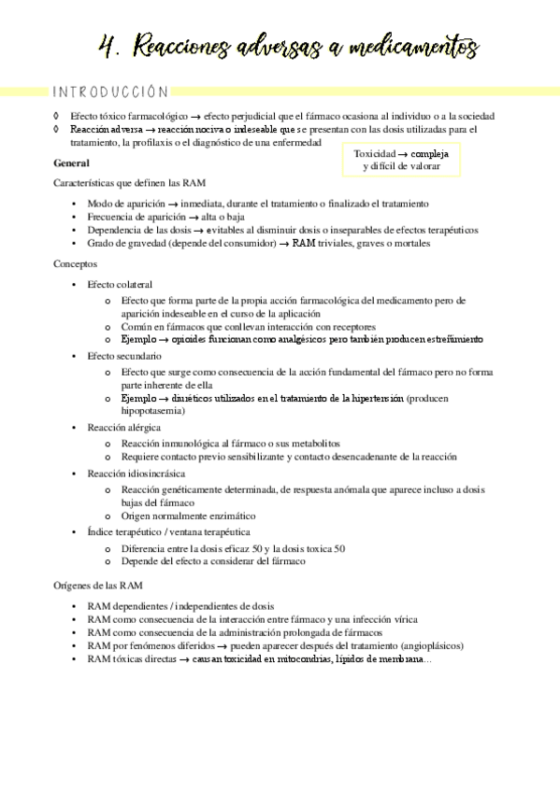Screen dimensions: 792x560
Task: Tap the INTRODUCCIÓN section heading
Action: (x=110, y=92)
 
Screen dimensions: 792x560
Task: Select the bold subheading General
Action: (x=72, y=163)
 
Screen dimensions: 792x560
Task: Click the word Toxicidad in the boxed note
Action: (x=375, y=152)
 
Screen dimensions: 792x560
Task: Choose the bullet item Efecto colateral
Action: (x=120, y=284)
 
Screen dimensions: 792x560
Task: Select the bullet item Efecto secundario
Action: (x=123, y=356)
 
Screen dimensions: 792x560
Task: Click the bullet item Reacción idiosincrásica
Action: (x=132, y=474)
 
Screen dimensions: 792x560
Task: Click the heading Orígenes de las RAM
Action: (x=98, y=586)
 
